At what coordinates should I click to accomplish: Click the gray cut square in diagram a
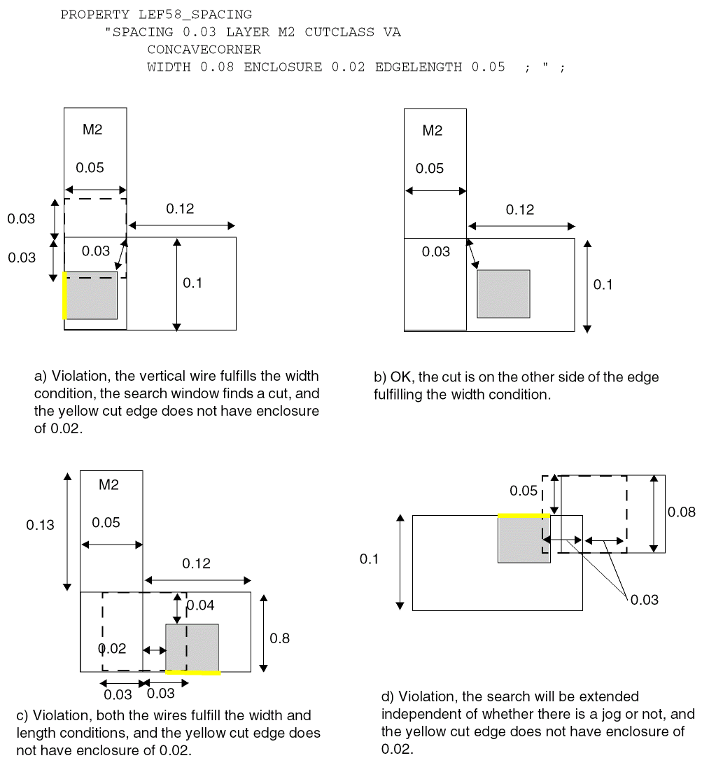point(91,295)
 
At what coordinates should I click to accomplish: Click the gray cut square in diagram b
point(503,294)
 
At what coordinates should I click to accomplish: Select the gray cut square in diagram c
point(192,647)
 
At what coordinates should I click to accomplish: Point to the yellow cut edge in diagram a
point(65,295)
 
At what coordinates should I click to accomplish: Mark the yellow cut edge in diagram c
point(192,673)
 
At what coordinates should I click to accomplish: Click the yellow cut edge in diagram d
point(524,515)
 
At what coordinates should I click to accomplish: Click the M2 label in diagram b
point(433,131)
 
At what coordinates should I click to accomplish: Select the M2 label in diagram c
point(108,485)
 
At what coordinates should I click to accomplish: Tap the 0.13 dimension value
point(40,525)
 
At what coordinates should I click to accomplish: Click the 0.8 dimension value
point(280,638)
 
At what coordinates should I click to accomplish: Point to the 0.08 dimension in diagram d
point(682,512)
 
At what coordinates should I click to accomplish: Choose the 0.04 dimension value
point(201,605)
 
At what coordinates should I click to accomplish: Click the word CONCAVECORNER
point(204,50)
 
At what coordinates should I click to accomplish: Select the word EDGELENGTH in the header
point(419,67)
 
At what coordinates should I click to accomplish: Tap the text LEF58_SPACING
point(204,15)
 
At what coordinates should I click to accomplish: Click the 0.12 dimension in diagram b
point(519,210)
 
